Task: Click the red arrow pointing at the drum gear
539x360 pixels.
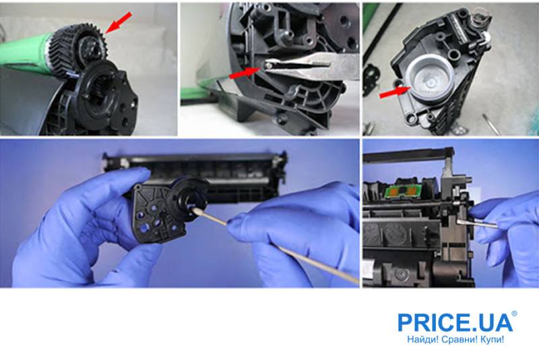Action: click(x=118, y=23)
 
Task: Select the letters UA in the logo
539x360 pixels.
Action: click(x=499, y=322)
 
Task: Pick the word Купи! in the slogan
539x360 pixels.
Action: click(x=493, y=340)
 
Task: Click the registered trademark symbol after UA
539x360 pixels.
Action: click(x=514, y=313)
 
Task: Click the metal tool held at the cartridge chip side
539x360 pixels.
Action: click(x=477, y=223)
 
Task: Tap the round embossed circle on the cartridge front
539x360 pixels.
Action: click(x=395, y=234)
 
